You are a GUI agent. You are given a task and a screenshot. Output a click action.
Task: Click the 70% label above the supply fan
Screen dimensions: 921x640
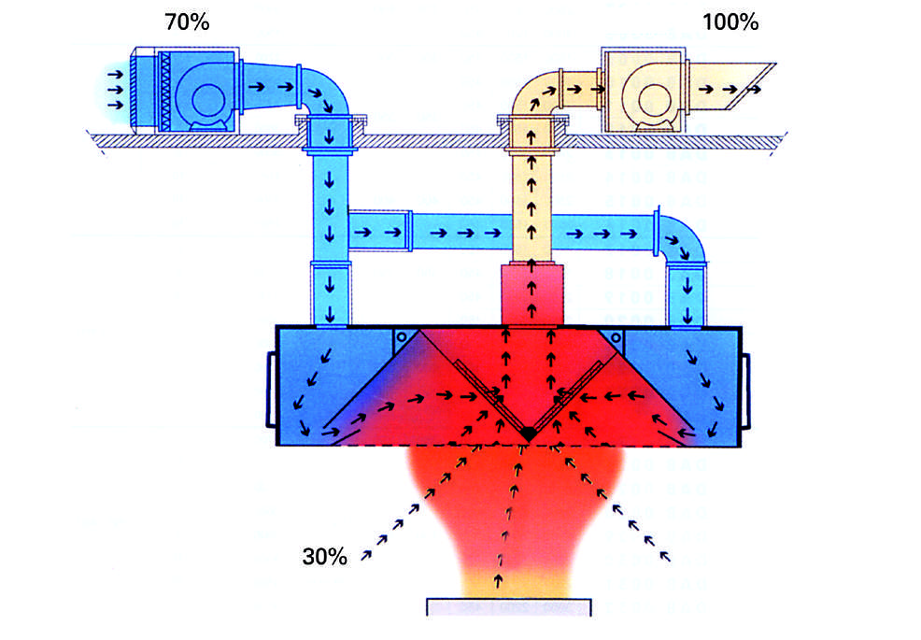pyautogui.click(x=187, y=22)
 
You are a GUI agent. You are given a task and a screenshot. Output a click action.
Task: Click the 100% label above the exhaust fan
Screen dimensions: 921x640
pyautogui.click(x=730, y=22)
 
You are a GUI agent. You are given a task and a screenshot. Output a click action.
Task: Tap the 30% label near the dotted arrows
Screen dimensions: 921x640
pyautogui.click(x=324, y=556)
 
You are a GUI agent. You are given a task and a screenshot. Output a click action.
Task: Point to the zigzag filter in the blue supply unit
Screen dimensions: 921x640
pyautogui.click(x=165, y=91)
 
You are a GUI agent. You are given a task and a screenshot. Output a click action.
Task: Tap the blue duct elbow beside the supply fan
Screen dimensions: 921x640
pyautogui.click(x=327, y=91)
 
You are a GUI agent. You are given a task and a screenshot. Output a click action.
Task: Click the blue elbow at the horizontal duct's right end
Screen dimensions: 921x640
pyautogui.click(x=684, y=235)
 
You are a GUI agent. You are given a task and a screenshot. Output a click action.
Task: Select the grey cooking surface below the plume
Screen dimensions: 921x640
pyautogui.click(x=509, y=607)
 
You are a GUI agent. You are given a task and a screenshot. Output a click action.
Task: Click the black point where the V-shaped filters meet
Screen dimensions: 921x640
pyautogui.click(x=529, y=434)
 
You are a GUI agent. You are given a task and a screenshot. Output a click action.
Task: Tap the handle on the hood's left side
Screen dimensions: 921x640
pyautogui.click(x=272, y=389)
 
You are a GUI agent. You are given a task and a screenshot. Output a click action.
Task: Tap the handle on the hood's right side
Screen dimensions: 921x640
pyautogui.click(x=746, y=391)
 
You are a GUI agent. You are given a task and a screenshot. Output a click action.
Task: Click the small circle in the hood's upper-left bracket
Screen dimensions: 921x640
pyautogui.click(x=402, y=337)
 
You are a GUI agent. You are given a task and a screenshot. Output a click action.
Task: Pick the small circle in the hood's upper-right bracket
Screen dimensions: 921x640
pyautogui.click(x=615, y=337)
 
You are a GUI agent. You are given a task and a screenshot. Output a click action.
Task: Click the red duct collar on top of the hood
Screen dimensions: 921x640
pyautogui.click(x=532, y=294)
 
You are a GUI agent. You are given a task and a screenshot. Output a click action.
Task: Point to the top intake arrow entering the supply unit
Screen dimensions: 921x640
pyautogui.click(x=115, y=75)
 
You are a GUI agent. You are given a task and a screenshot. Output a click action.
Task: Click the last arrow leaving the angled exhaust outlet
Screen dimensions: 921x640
pyautogui.click(x=753, y=90)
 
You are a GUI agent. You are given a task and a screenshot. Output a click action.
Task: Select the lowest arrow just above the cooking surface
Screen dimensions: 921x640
pyautogui.click(x=499, y=580)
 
